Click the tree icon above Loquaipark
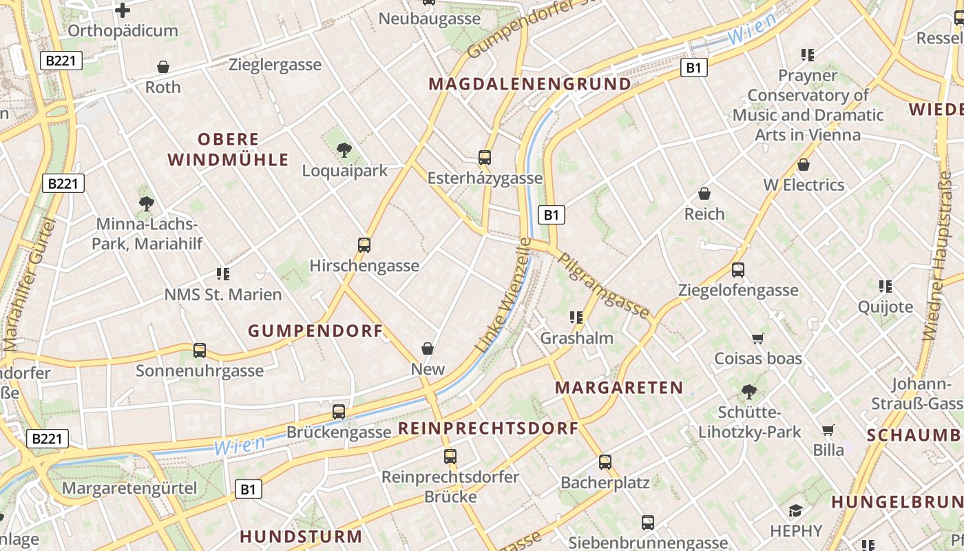coord(344,149)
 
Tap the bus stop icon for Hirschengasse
coord(364,245)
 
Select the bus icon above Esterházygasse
coord(485,158)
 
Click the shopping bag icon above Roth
coord(163,67)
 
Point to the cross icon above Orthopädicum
coord(123,10)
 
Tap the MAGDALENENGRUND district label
coord(530,84)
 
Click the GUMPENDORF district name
coord(315,331)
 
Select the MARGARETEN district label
coord(619,388)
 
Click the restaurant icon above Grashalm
coord(576,318)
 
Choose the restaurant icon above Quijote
coord(886,286)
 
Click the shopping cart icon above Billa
coord(828,430)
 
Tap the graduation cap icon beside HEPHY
coord(796,510)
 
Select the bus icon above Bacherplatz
coord(605,462)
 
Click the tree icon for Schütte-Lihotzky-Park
coord(749,392)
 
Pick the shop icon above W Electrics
coord(803,165)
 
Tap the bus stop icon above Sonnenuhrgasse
coord(200,351)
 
